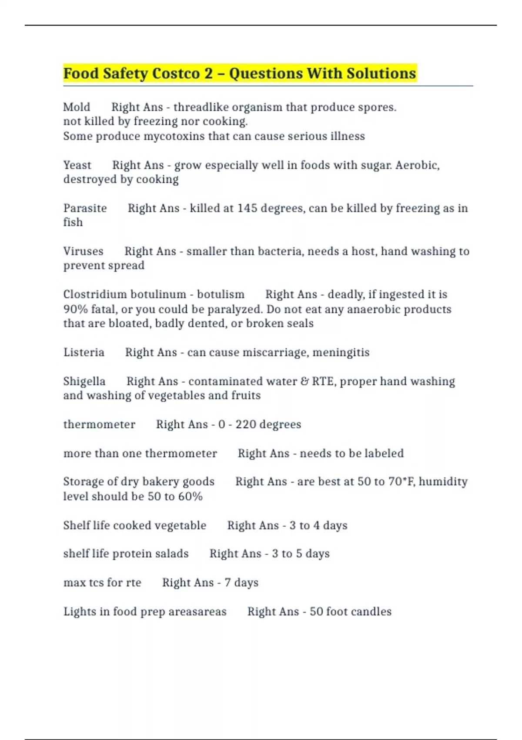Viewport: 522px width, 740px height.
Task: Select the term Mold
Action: click(77, 107)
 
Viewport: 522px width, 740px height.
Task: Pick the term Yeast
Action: click(77, 165)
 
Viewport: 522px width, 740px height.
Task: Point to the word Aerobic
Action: click(417, 165)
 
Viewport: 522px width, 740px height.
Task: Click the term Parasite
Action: click(85, 208)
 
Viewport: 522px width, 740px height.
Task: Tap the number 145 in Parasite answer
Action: click(247, 208)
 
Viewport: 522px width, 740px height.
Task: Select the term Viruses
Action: click(83, 251)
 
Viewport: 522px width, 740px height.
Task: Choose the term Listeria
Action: click(84, 352)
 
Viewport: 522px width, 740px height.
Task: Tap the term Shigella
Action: click(84, 381)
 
